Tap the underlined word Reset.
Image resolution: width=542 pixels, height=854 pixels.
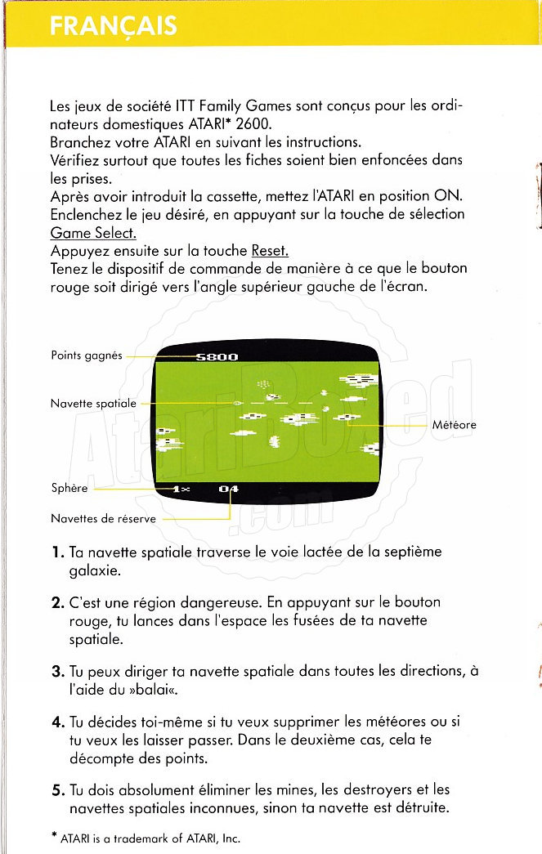[x=270, y=250]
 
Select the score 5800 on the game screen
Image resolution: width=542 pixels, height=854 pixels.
[x=217, y=356]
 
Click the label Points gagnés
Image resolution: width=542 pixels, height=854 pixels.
[x=87, y=355]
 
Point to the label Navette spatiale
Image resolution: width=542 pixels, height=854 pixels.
[x=94, y=403]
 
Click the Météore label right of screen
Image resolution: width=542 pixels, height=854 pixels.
[x=455, y=424]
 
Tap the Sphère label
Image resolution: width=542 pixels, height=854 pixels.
[x=69, y=489]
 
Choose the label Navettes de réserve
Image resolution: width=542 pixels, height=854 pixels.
[x=103, y=518]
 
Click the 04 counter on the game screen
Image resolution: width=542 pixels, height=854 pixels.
[x=229, y=489]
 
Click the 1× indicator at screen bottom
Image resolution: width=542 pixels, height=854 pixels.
[x=181, y=489]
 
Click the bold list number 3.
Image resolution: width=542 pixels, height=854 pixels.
[x=57, y=672]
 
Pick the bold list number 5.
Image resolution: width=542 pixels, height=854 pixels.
[x=57, y=790]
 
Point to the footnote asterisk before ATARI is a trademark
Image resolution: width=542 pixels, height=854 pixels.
[x=53, y=836]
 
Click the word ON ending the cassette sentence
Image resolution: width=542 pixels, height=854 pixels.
[x=451, y=196]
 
